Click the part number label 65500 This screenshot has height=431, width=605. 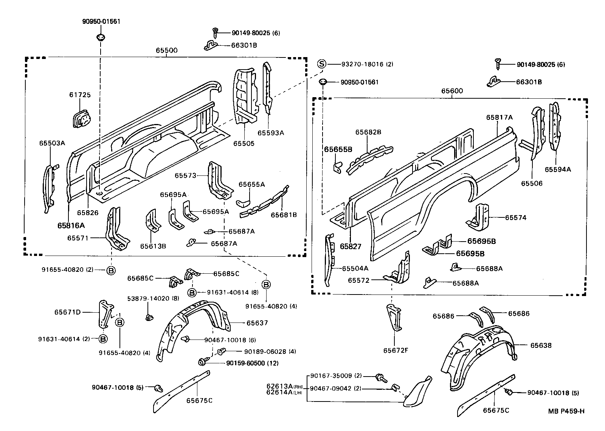[166, 50]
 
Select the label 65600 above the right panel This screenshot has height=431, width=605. [452, 91]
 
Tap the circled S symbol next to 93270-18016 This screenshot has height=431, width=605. [321, 64]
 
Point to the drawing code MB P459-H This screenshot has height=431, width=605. [566, 411]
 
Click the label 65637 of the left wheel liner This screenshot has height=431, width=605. [257, 323]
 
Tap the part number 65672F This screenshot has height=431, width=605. [396, 350]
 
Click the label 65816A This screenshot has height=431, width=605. [71, 225]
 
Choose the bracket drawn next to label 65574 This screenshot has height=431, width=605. [480, 217]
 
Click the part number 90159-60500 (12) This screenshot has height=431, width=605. [252, 363]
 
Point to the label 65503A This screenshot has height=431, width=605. [52, 143]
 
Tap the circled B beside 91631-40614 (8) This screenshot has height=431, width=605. [192, 292]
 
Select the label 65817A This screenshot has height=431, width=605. [499, 117]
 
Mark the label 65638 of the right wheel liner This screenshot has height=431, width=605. [541, 345]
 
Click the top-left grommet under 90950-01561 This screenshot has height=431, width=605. [101, 37]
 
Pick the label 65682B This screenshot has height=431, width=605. [368, 132]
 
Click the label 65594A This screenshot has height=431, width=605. [558, 169]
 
